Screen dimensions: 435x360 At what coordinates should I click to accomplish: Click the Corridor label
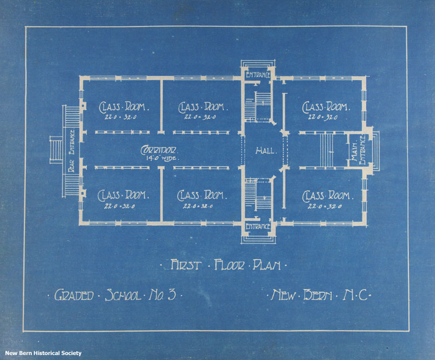click(159, 150)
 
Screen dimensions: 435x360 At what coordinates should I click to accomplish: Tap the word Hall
click(266, 151)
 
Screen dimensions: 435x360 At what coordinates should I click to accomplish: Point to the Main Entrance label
click(358, 149)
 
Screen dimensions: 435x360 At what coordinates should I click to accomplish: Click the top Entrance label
click(258, 74)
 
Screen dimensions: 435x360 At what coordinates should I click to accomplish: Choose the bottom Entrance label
click(258, 226)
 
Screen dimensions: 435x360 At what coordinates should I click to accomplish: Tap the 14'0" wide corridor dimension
click(162, 158)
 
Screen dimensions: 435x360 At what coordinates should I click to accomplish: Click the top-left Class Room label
click(124, 107)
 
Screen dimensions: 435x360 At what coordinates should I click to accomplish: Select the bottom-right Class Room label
click(328, 196)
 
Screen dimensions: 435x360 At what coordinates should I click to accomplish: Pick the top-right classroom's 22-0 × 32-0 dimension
click(323, 117)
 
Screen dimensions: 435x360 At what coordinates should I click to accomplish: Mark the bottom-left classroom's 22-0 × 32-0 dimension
click(120, 206)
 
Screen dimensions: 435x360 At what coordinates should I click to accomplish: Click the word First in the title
click(185, 265)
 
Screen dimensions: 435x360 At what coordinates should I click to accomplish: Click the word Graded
click(74, 295)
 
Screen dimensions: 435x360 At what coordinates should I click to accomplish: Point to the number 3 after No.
click(171, 295)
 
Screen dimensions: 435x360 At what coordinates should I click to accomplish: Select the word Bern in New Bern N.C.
click(317, 295)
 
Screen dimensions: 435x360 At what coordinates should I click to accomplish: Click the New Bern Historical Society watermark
click(43, 353)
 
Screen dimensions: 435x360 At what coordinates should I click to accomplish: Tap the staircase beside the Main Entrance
click(327, 150)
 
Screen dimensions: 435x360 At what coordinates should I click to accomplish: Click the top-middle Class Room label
click(203, 107)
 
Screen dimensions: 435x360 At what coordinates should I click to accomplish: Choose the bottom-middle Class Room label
click(202, 195)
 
